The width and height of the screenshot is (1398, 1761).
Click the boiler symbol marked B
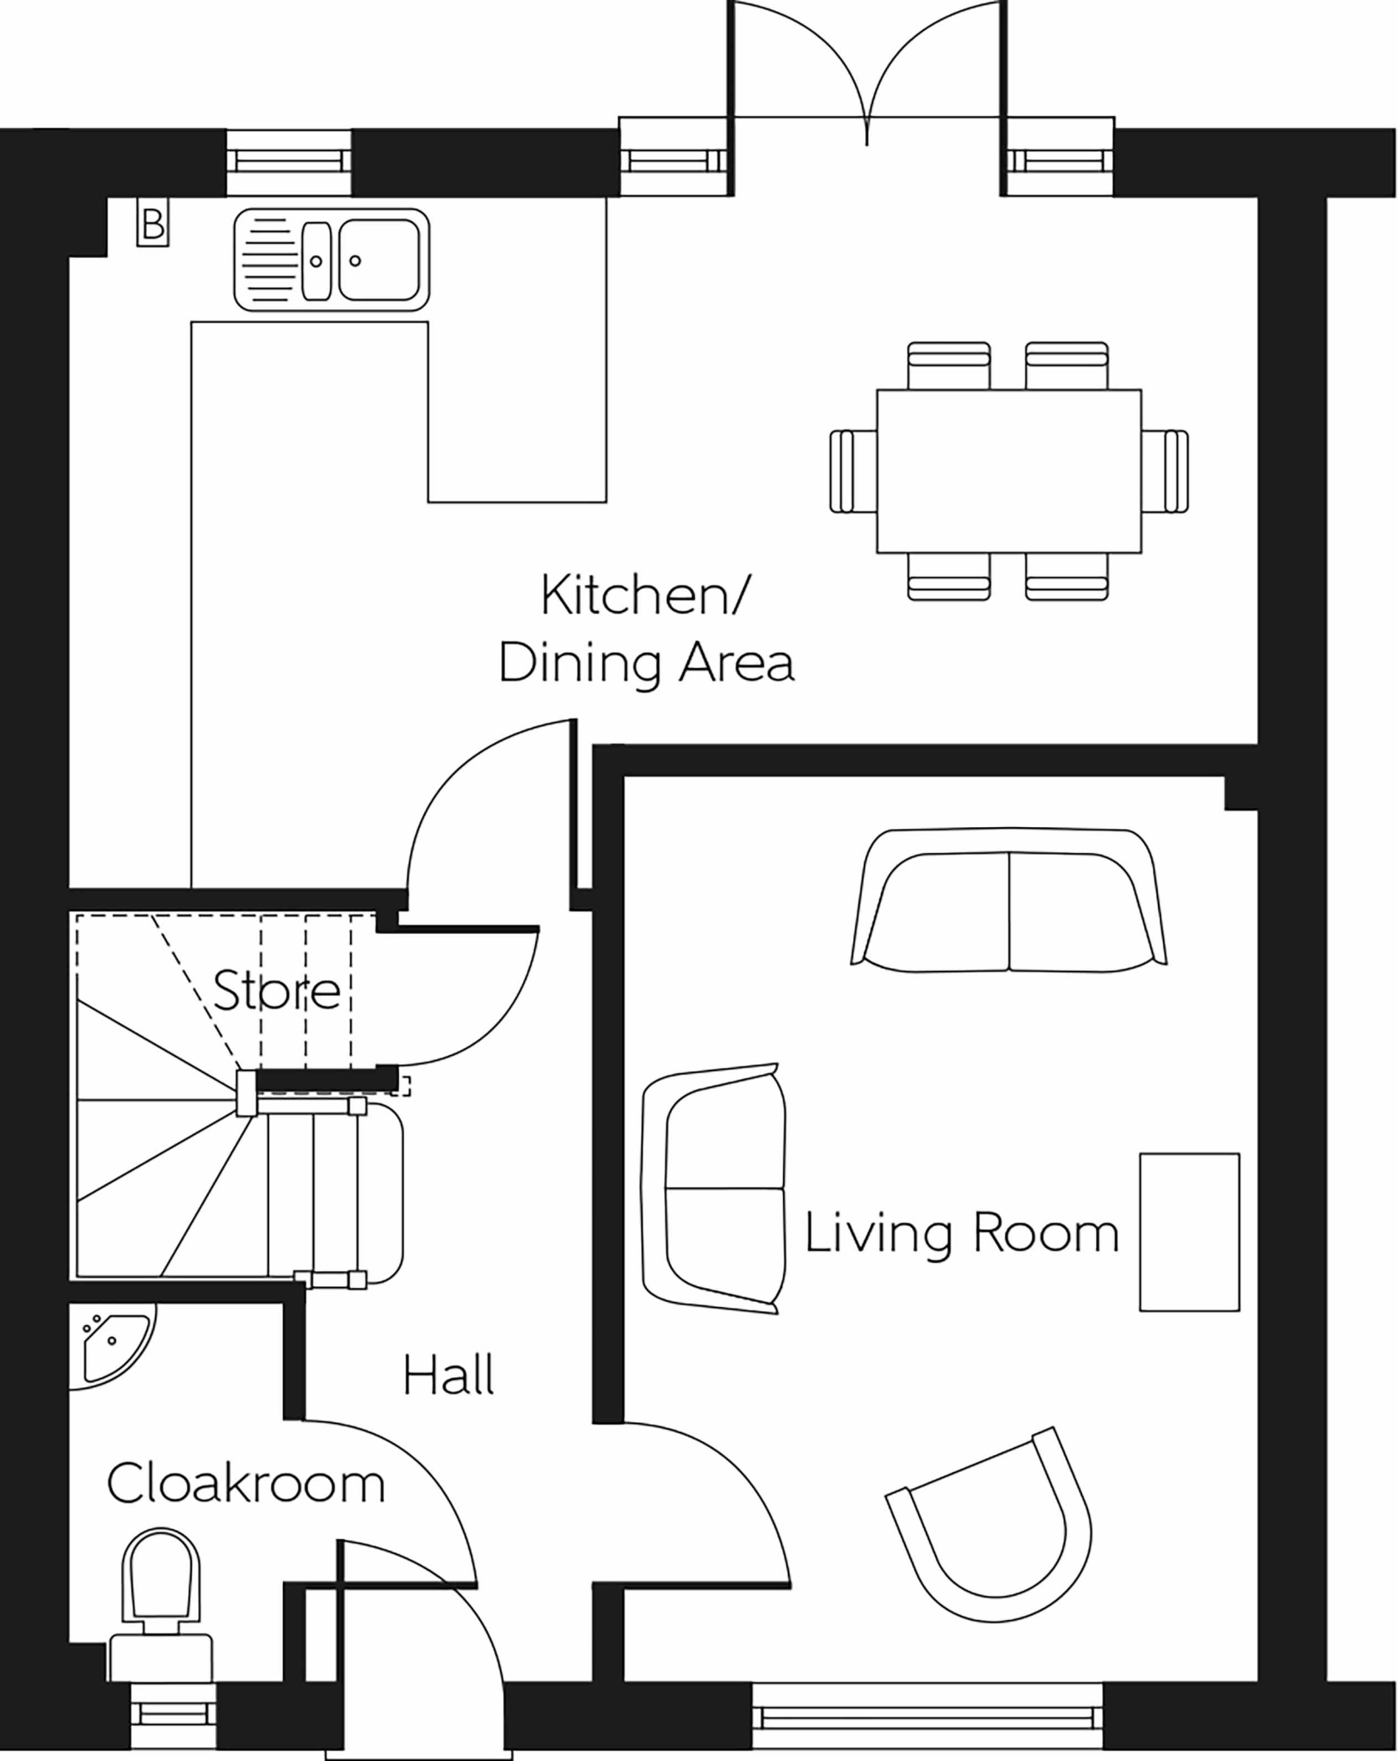click(153, 224)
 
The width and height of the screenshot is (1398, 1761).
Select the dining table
click(1009, 470)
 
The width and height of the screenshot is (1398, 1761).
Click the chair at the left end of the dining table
click(853, 471)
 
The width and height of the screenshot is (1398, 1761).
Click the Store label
click(276, 990)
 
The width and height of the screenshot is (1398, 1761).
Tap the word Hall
click(448, 1375)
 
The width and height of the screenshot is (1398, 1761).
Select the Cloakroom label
click(246, 1483)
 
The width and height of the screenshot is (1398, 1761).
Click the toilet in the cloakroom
click(162, 1609)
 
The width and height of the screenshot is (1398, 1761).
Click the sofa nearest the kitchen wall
click(1008, 900)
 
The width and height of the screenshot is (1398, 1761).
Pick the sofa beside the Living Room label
click(714, 1188)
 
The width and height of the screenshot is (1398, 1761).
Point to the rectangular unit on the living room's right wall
click(1190, 1232)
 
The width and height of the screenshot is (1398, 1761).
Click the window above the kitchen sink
click(289, 162)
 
